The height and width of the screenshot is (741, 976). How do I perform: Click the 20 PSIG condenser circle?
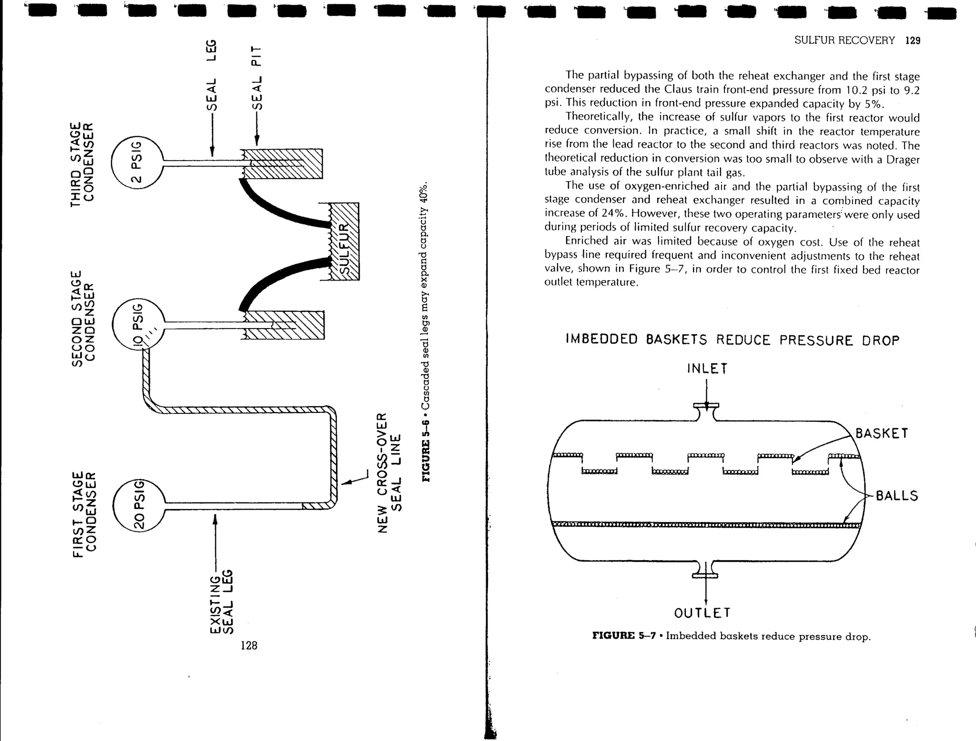click(x=138, y=505)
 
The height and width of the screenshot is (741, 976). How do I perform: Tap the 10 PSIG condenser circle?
click(x=138, y=325)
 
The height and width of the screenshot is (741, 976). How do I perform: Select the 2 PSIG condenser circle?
click(x=137, y=162)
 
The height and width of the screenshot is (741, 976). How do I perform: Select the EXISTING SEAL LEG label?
click(x=222, y=602)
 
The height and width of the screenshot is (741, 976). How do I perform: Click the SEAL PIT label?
click(x=256, y=78)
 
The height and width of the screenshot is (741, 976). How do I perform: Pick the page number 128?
click(x=249, y=645)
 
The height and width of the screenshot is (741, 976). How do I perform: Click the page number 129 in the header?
click(x=912, y=41)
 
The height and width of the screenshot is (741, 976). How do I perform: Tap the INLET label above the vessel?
click(x=707, y=369)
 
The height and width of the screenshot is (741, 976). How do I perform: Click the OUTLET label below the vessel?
click(x=702, y=613)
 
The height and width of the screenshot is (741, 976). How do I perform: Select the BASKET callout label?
click(x=882, y=434)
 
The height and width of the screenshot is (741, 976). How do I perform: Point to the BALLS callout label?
click(x=896, y=496)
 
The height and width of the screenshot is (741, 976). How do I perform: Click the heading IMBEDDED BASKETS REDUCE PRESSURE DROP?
click(x=732, y=340)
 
